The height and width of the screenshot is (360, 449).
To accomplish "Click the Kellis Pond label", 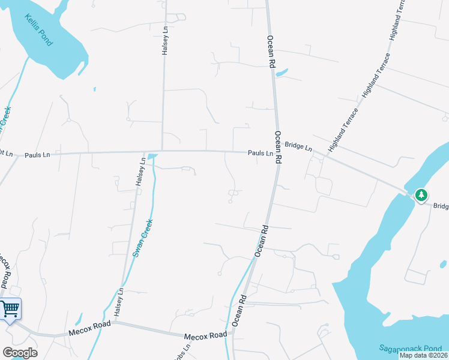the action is (x=38, y=30).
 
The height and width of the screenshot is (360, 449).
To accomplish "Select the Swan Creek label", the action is (x=142, y=238).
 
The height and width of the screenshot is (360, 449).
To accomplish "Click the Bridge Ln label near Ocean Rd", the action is (x=298, y=146).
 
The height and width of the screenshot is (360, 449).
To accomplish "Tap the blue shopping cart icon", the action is (x=10, y=310).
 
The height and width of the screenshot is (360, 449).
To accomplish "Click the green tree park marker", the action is (x=421, y=194).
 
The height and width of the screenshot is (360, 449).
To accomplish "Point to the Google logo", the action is (x=19, y=353).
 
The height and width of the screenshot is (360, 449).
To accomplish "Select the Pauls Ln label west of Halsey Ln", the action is (x=37, y=155).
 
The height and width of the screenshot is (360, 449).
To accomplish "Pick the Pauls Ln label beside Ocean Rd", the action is (x=261, y=153).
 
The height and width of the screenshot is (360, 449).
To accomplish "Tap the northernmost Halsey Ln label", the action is (x=165, y=41).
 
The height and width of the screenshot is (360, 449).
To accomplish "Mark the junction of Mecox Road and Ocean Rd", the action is (x=231, y=334).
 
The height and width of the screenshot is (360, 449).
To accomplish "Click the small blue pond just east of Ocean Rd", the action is (x=282, y=73).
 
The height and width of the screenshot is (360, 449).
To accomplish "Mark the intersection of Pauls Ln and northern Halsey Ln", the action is (x=162, y=151).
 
